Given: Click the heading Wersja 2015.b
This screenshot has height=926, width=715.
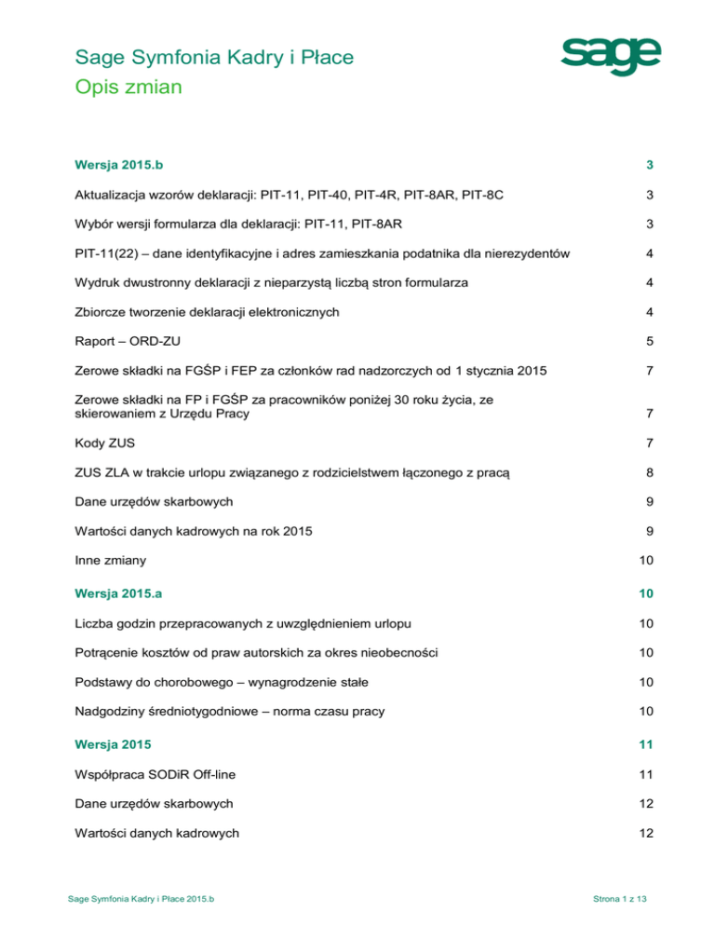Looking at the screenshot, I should tap(125, 166).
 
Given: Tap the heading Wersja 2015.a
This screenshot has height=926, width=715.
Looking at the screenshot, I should tap(125, 592).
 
